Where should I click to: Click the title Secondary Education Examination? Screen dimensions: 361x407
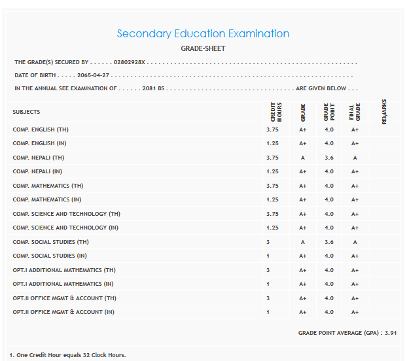[x=203, y=33]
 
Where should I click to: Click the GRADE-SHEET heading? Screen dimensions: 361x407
[x=203, y=48]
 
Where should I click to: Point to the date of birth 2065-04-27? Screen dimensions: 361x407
[x=93, y=75]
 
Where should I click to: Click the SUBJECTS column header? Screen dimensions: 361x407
[x=26, y=112]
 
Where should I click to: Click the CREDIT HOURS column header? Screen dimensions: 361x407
[x=276, y=112]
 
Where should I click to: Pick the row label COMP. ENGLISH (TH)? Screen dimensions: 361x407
[x=39, y=129]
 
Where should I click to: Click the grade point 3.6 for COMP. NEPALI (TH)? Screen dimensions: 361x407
[x=328, y=158]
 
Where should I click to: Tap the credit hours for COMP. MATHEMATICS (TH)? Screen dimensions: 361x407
[x=272, y=186]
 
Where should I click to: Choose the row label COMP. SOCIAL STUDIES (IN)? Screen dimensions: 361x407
[x=50, y=256]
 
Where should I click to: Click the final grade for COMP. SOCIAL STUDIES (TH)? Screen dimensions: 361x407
[x=355, y=242]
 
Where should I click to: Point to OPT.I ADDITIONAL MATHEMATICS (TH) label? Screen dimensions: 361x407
[x=64, y=270]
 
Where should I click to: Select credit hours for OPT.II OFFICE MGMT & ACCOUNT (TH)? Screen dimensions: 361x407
[x=268, y=298]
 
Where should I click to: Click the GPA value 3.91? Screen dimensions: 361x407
[x=390, y=333]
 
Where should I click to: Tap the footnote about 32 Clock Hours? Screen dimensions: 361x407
[x=67, y=355]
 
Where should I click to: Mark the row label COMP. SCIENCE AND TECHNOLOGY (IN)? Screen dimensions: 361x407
[x=65, y=228]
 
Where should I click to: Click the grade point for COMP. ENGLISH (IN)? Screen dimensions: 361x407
[x=328, y=143]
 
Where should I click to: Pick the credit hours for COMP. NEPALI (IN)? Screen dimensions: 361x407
[x=272, y=171]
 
